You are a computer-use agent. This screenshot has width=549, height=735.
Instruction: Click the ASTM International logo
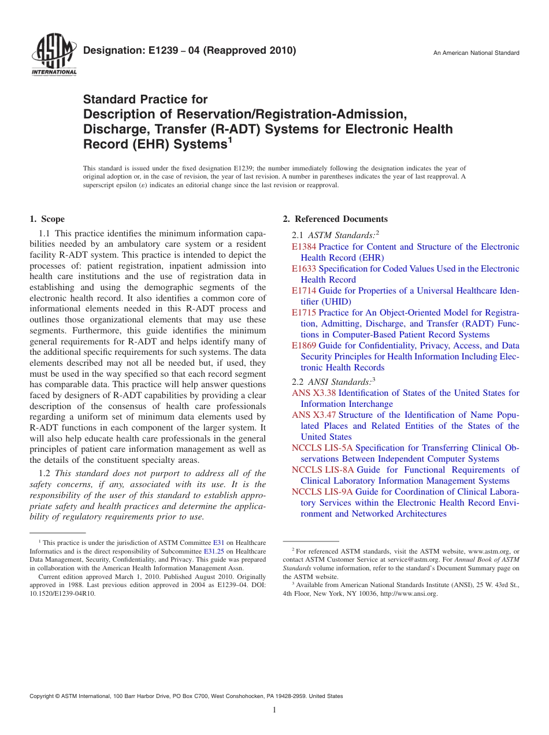click(54, 55)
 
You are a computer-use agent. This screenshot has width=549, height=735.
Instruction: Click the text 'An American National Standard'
click(476, 53)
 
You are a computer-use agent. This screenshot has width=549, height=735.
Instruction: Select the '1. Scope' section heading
click(47, 219)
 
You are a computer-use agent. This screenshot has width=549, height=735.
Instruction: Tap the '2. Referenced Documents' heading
click(335, 219)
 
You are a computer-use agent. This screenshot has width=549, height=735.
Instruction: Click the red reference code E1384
click(304, 247)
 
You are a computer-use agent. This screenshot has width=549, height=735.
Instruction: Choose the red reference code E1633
click(304, 269)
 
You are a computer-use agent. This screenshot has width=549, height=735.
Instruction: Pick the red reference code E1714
click(304, 291)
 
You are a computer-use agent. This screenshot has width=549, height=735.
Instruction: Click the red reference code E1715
click(304, 313)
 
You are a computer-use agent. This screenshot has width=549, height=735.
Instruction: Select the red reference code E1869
click(304, 346)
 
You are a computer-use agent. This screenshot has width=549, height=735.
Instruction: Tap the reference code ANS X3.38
click(314, 393)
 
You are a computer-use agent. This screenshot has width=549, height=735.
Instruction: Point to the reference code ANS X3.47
click(314, 415)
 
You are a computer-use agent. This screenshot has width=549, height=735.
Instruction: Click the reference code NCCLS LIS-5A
click(322, 448)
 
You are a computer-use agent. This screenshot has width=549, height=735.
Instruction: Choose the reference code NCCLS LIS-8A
click(322, 470)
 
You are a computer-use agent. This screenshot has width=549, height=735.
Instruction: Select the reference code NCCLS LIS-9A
click(322, 492)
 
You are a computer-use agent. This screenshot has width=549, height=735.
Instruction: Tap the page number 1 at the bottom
click(274, 710)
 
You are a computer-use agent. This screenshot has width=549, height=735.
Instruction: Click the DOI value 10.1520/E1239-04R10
click(62, 593)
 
